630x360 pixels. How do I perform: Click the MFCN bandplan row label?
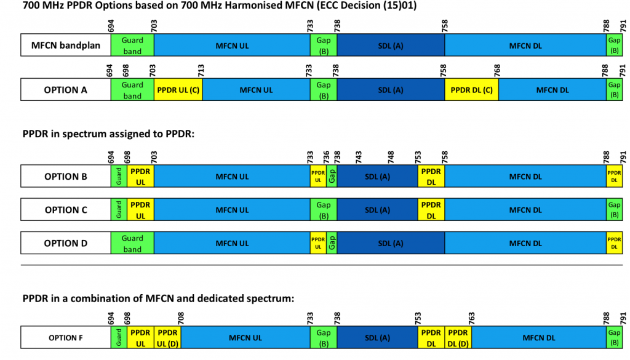click(66, 46)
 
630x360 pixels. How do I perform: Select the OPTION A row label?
click(66, 90)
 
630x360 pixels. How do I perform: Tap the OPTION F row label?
click(66, 338)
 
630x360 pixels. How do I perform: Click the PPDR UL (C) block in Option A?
click(178, 90)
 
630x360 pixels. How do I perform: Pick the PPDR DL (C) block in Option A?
click(471, 90)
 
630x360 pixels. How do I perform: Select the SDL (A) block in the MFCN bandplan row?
click(391, 46)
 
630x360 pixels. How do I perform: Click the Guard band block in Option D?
click(132, 243)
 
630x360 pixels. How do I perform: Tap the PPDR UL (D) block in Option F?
click(167, 338)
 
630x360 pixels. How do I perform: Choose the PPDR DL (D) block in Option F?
click(458, 338)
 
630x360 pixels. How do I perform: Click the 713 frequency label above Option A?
click(201, 70)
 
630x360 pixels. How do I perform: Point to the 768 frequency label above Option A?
click(497, 70)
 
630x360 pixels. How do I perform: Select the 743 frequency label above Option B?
click(359, 157)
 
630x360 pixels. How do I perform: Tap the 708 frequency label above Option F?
click(181, 318)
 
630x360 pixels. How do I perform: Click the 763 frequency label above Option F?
click(471, 318)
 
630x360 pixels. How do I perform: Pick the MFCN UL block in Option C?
click(232, 210)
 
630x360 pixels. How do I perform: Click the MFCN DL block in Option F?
click(539, 338)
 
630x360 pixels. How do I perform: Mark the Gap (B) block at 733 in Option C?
click(324, 210)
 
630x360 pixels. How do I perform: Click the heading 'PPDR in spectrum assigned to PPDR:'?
click(108, 134)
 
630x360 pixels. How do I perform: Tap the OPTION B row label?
click(66, 177)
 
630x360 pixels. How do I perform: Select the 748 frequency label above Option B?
click(391, 157)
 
